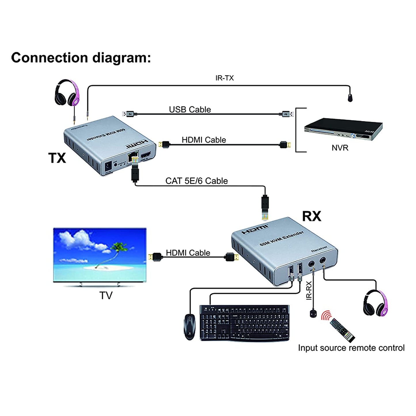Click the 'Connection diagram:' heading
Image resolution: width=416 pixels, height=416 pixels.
pyautogui.click(x=81, y=58)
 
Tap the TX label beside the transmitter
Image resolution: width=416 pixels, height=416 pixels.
pyautogui.click(x=57, y=158)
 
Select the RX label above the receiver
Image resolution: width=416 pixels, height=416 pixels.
pyautogui.click(x=311, y=216)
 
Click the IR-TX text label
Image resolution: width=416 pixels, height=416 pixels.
pyautogui.click(x=225, y=78)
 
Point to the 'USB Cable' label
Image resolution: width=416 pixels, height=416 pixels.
pyautogui.click(x=190, y=109)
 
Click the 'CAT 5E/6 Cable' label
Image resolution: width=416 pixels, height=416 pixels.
pyautogui.click(x=196, y=181)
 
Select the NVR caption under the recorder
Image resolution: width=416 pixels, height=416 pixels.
pyautogui.click(x=340, y=148)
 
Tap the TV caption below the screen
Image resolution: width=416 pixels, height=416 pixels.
pyautogui.click(x=106, y=295)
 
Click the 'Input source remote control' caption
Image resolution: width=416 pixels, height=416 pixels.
pyautogui.click(x=351, y=348)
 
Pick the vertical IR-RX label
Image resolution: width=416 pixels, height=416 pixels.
pyautogui.click(x=309, y=290)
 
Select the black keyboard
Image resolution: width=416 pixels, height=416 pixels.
pyautogui.click(x=244, y=323)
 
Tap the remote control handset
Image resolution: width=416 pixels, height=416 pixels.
pyautogui.click(x=342, y=330)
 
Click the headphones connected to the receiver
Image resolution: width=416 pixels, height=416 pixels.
pyautogui.click(x=375, y=303)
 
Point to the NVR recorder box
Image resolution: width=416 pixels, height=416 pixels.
pyautogui.click(x=343, y=129)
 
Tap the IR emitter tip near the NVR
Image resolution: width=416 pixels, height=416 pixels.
pyautogui.click(x=350, y=98)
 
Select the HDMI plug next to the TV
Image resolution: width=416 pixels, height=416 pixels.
pyautogui.click(x=155, y=257)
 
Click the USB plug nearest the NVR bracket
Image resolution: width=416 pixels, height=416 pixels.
pyautogui.click(x=286, y=114)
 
